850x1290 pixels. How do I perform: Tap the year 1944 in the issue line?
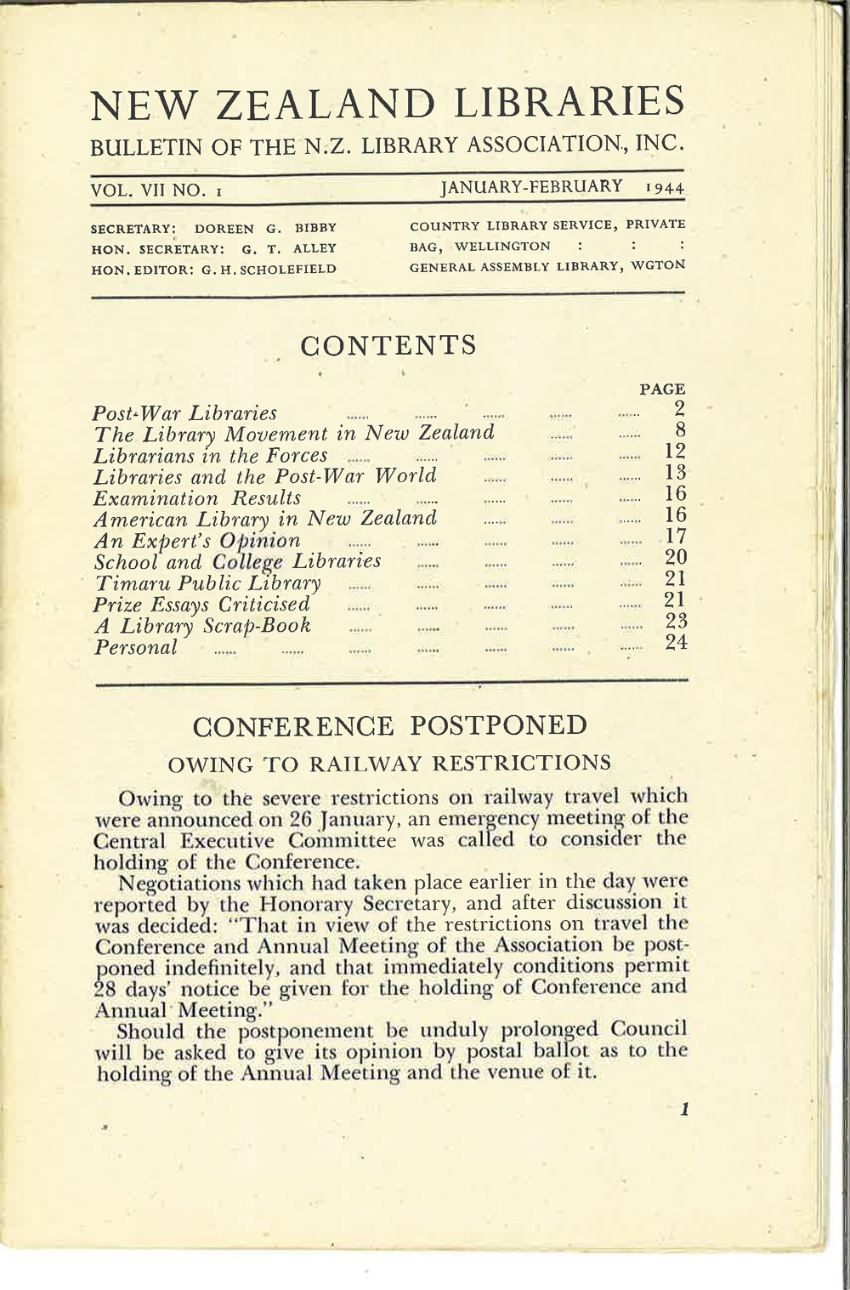pos(664,188)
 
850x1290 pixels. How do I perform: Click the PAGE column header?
pos(662,389)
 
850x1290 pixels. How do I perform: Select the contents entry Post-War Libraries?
pos(184,414)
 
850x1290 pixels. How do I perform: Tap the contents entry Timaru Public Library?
pos(207,583)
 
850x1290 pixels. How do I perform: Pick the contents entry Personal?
pos(135,648)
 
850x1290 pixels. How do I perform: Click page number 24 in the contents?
pos(676,644)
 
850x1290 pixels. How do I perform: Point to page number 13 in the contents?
pos(676,473)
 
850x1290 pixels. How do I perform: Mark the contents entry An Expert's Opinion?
pos(196,541)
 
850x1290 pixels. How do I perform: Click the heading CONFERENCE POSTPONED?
pos(390,726)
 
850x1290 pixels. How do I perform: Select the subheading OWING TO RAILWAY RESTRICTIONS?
pos(390,761)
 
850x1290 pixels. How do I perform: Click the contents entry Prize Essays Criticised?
pos(201,605)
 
